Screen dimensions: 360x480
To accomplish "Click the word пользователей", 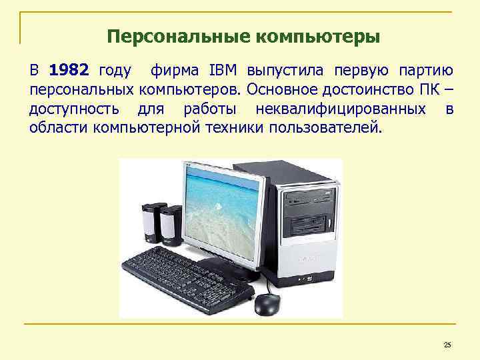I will tap(327, 127).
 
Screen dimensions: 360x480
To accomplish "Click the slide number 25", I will tap(447, 345).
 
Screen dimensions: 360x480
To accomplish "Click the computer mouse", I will tap(267, 304).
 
